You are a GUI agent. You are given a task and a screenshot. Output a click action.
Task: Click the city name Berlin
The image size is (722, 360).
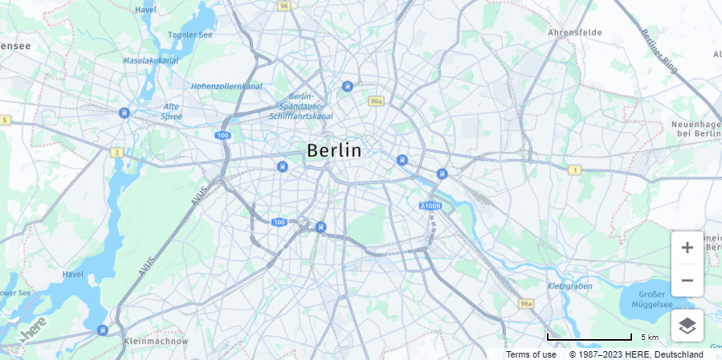click(x=334, y=150)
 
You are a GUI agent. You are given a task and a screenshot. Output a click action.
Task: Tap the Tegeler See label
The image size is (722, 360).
click(x=190, y=35)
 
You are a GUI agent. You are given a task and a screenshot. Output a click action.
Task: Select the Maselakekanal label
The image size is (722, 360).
click(x=150, y=60)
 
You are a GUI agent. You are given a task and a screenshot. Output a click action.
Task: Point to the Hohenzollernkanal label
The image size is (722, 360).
click(x=227, y=86)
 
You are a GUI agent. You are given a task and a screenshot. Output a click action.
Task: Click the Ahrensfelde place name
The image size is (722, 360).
click(x=574, y=33)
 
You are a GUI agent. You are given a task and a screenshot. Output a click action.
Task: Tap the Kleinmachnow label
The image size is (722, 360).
click(x=157, y=342)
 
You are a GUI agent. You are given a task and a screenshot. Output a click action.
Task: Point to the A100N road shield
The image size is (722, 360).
click(x=430, y=207)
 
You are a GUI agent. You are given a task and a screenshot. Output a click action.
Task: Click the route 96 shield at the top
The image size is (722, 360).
click(x=283, y=6)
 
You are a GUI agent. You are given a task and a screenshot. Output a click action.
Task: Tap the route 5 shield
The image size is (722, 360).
click(x=5, y=120)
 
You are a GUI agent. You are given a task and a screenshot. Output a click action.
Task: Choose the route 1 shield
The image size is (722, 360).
click(x=574, y=170)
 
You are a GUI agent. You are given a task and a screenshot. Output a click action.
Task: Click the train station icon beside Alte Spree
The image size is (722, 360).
click(x=124, y=113)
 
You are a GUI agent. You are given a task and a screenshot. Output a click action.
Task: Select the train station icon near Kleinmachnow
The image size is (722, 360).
click(x=102, y=329)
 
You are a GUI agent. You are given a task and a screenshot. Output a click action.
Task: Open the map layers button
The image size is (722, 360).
click(x=687, y=325)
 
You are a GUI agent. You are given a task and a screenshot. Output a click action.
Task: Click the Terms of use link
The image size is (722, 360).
click(x=531, y=354)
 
